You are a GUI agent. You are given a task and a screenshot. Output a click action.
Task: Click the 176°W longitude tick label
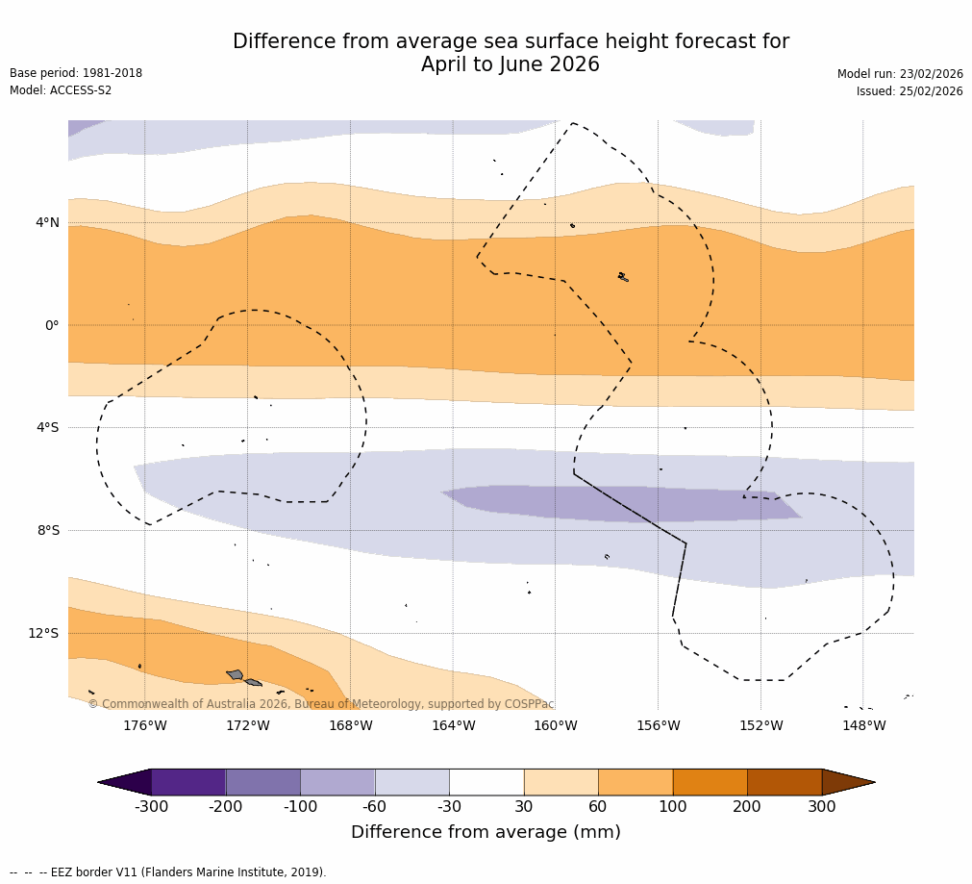(x=144, y=725)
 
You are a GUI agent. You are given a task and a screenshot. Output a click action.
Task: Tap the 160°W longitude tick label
(x=555, y=725)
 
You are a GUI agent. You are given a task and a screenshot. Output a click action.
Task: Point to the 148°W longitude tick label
(x=863, y=725)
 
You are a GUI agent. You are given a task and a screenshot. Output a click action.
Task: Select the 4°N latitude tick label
(x=47, y=223)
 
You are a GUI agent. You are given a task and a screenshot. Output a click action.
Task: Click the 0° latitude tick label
(x=52, y=325)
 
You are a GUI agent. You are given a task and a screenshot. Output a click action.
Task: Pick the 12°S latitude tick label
(x=43, y=633)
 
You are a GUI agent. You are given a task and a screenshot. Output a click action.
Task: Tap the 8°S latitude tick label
(x=47, y=530)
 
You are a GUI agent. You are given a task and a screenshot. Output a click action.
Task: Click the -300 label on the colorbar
(x=151, y=807)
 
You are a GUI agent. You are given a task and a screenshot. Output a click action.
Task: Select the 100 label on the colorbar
(x=673, y=807)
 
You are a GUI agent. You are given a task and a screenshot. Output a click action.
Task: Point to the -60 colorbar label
(x=374, y=807)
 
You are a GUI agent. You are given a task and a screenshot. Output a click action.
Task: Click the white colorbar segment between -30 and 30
(x=486, y=782)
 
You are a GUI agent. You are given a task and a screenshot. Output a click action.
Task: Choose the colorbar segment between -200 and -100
(x=262, y=782)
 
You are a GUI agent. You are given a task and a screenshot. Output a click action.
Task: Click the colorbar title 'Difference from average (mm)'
(x=486, y=832)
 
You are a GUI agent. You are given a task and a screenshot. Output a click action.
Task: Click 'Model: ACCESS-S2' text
(x=61, y=90)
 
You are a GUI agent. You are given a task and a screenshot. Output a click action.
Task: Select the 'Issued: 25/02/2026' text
(x=910, y=91)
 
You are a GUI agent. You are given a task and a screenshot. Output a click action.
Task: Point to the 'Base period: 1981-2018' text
(x=76, y=73)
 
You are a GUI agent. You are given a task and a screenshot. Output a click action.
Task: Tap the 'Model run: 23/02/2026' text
(x=900, y=74)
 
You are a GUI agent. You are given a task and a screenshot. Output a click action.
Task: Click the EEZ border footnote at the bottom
(x=168, y=872)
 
